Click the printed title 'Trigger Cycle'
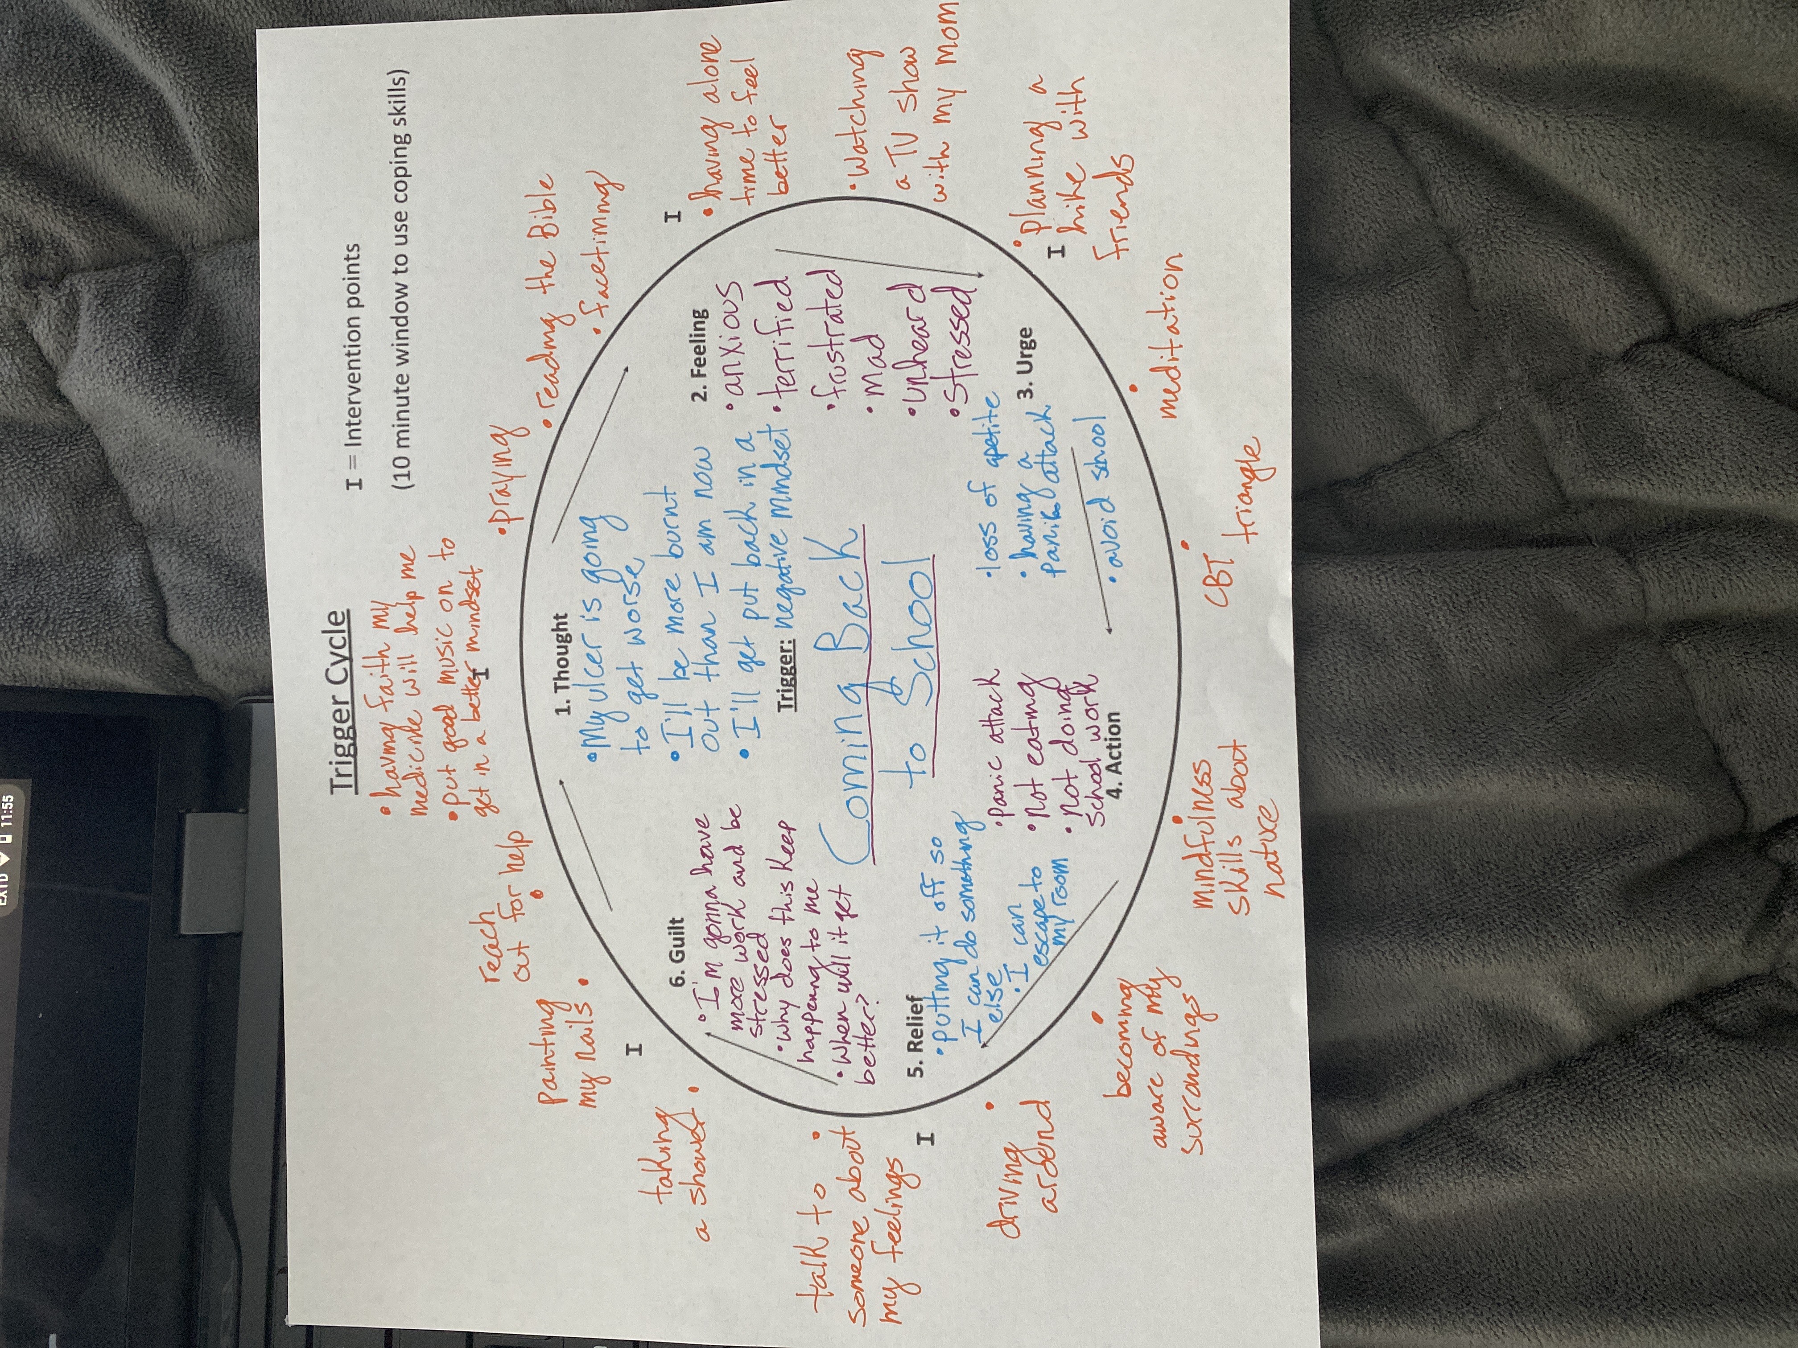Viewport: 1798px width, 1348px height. pyautogui.click(x=340, y=700)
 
